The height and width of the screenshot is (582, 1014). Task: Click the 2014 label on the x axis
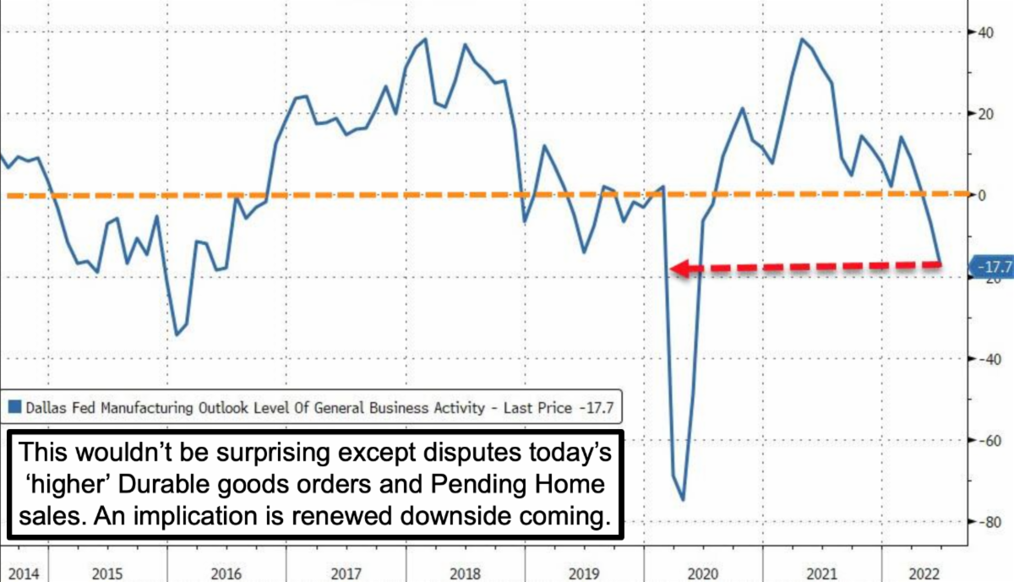click(24, 574)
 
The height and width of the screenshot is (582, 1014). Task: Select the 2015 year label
click(106, 574)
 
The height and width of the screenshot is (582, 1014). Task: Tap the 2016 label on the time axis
click(226, 574)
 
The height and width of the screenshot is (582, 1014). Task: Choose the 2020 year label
click(702, 574)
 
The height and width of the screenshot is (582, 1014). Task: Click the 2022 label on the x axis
click(924, 574)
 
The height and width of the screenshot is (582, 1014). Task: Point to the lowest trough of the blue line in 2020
click(682, 500)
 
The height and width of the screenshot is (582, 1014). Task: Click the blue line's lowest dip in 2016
click(177, 335)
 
